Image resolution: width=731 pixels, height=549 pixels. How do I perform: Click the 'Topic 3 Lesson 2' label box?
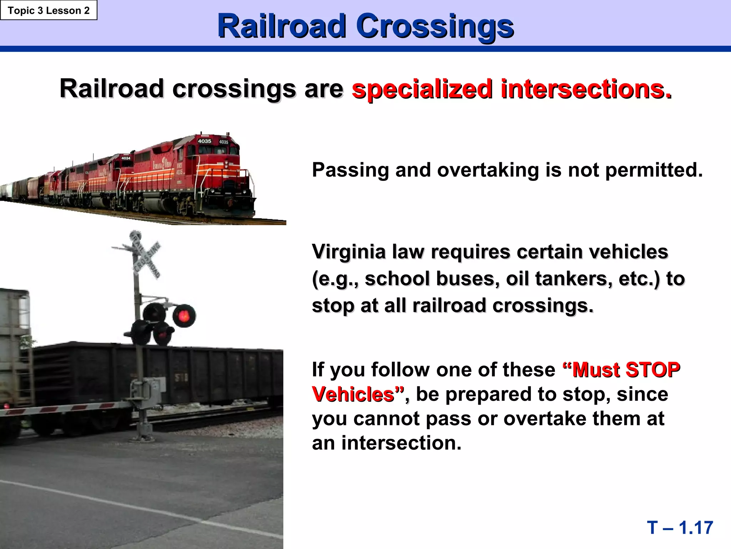point(49,10)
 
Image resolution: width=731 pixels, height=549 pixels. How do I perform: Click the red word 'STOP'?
point(653,370)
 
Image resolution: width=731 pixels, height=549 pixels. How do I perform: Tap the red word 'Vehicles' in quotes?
point(353,394)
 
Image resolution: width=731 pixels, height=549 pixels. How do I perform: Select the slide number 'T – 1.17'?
point(680,528)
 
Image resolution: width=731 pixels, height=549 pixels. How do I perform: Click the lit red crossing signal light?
point(184,316)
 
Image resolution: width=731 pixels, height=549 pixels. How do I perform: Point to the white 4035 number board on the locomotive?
point(205,141)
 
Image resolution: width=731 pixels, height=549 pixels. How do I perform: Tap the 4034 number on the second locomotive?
point(126,158)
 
